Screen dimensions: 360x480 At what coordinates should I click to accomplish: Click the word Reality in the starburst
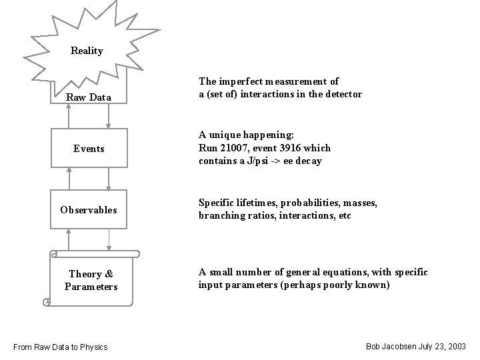87,51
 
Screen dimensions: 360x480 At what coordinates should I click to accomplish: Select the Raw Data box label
89,98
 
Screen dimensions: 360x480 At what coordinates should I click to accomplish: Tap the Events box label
89,149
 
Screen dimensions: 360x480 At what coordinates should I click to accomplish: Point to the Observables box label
89,210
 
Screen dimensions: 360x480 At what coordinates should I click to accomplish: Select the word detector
344,95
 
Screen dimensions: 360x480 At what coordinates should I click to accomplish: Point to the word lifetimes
253,203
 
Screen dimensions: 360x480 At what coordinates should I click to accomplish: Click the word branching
219,216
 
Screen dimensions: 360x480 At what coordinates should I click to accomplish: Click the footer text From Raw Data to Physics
60,347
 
